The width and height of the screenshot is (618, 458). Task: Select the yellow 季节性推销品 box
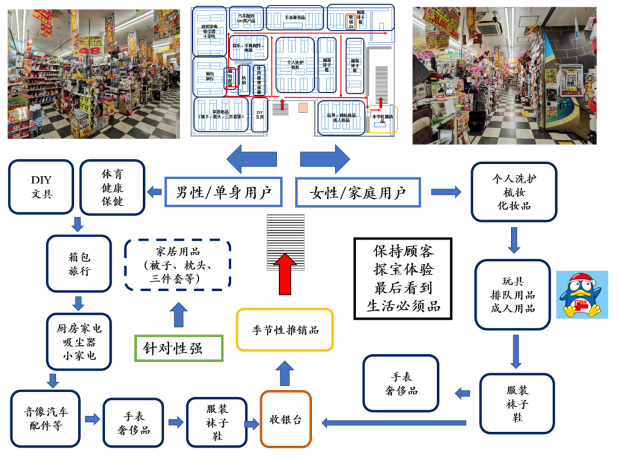pos(285,329)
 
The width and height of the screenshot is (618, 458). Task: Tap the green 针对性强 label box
pos(178,346)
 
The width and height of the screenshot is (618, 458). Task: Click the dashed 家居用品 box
pos(177,265)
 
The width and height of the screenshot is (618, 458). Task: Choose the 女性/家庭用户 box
pos(358,192)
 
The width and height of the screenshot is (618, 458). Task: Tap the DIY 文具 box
pos(42,187)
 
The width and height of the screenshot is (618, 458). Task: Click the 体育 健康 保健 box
pos(112,187)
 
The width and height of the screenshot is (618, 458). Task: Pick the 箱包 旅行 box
pos(78,263)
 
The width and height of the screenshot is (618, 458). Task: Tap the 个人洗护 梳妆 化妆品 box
pos(513,192)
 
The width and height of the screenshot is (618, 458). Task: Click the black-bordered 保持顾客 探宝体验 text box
pos(402,278)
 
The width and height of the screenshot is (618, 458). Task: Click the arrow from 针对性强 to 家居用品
pos(179,315)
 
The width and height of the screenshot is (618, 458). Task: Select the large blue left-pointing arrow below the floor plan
pos(251,159)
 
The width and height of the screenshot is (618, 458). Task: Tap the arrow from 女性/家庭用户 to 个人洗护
pos(446,192)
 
